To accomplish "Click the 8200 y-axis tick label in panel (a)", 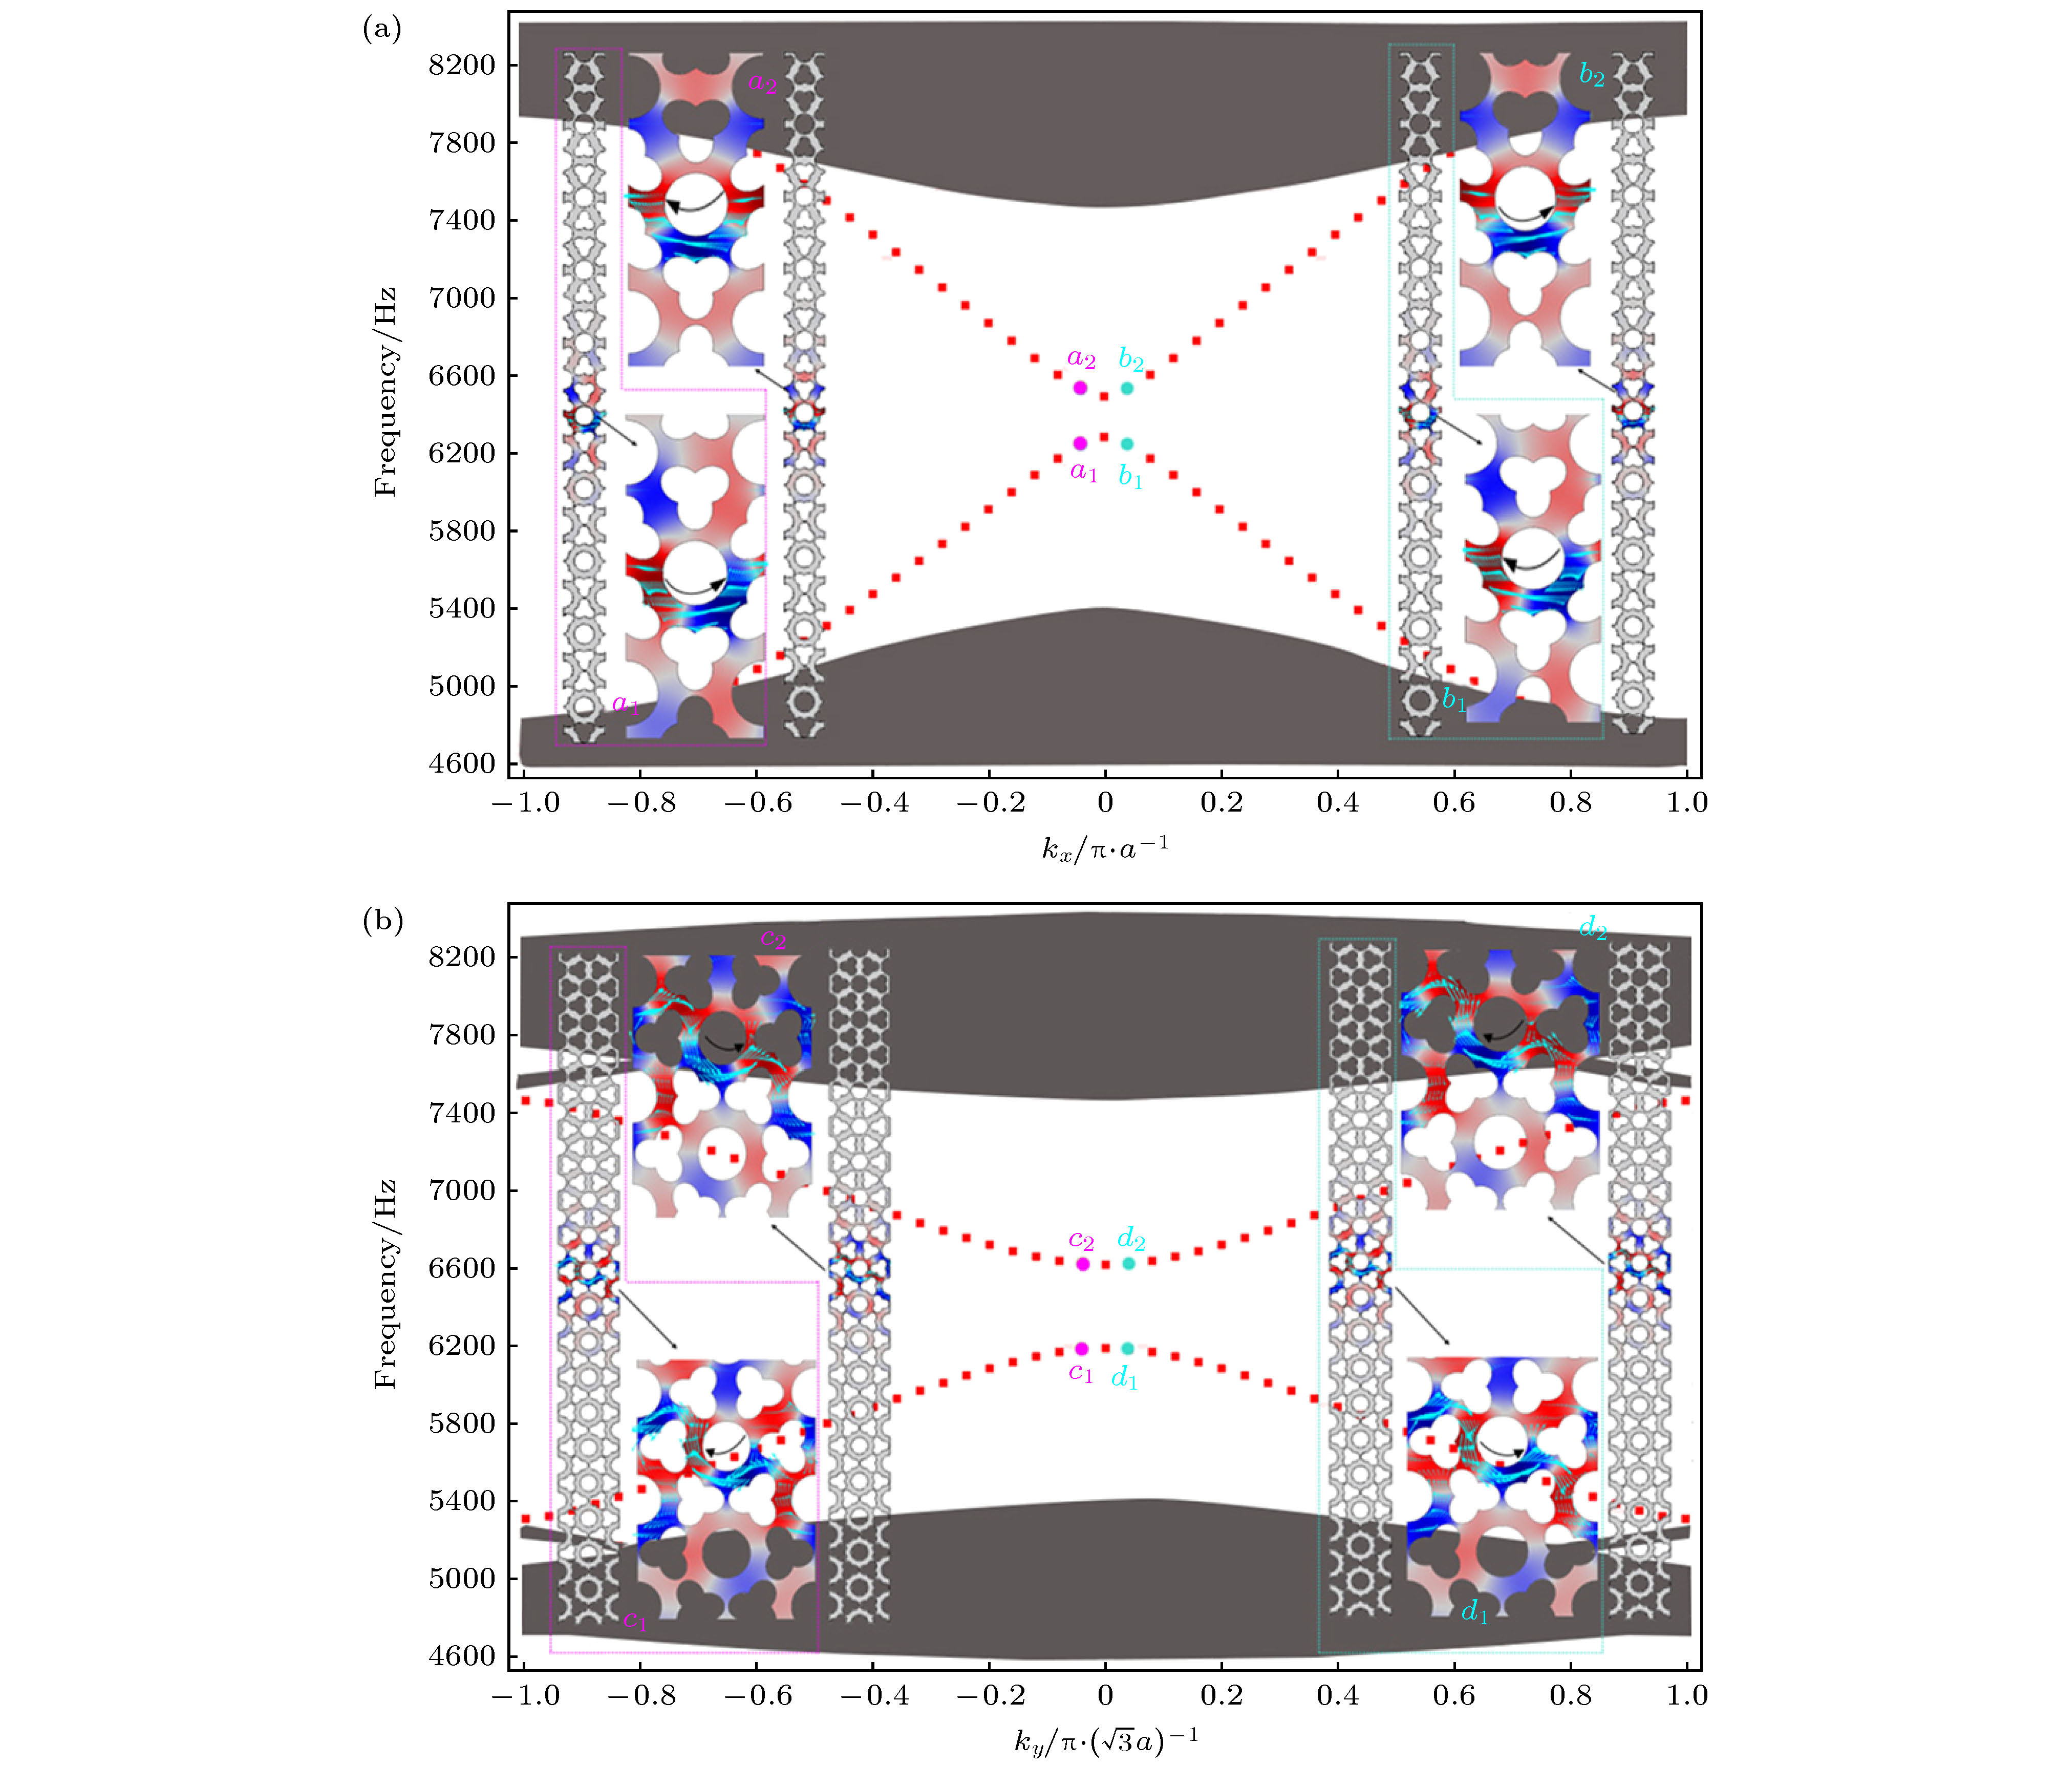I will point(461,66).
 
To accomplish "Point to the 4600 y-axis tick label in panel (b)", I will point(461,1656).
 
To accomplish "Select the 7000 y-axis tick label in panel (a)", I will point(461,298).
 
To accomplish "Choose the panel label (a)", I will point(382,30).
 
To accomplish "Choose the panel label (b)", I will point(382,921).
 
